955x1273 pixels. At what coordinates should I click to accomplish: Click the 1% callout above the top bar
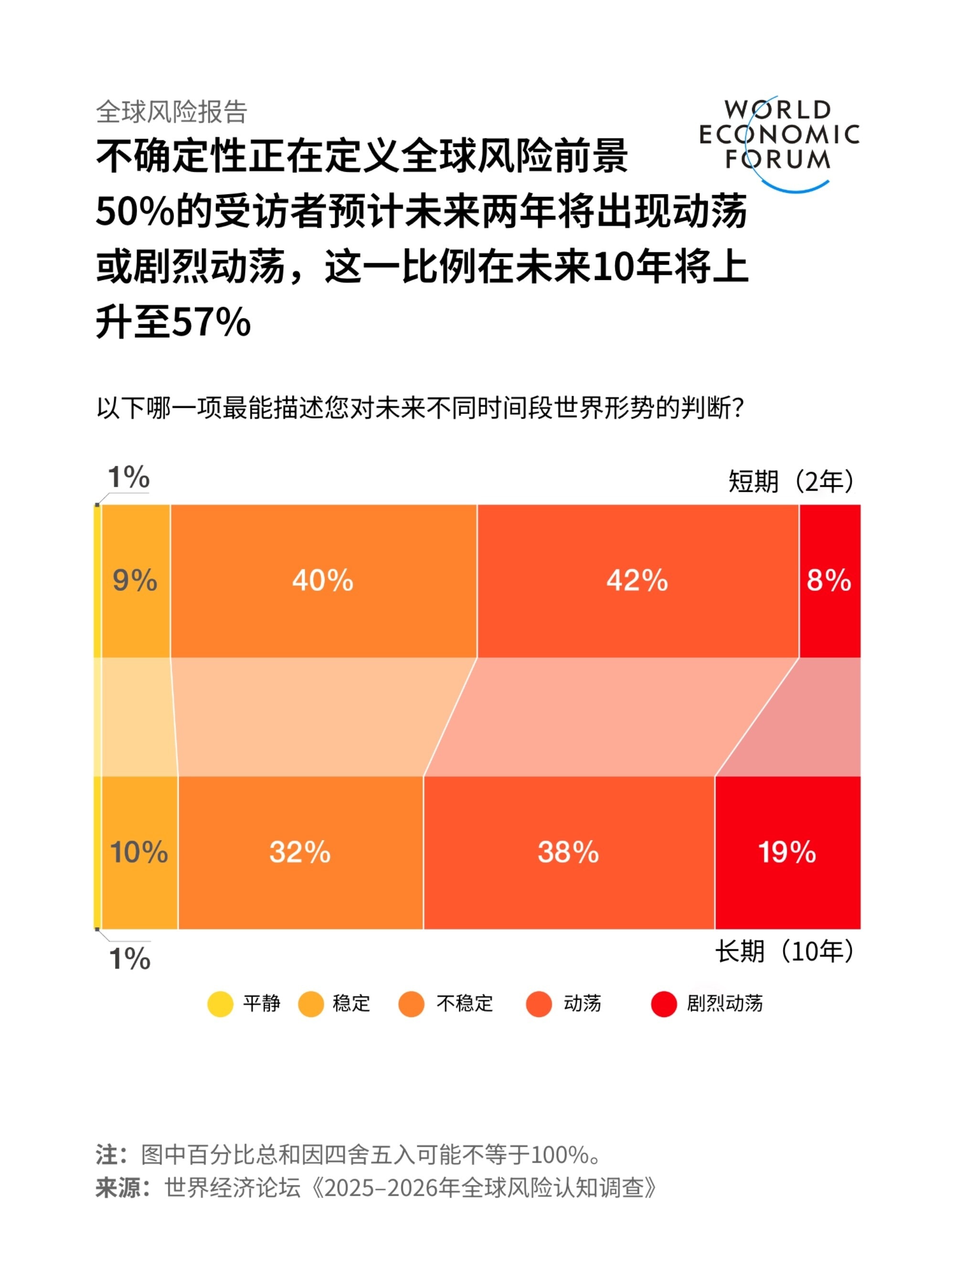(128, 478)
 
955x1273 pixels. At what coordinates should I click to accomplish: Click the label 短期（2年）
(792, 481)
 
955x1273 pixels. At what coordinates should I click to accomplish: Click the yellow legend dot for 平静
(220, 1004)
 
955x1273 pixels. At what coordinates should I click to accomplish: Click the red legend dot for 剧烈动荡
(663, 1004)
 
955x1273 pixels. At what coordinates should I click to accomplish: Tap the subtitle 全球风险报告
(171, 112)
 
